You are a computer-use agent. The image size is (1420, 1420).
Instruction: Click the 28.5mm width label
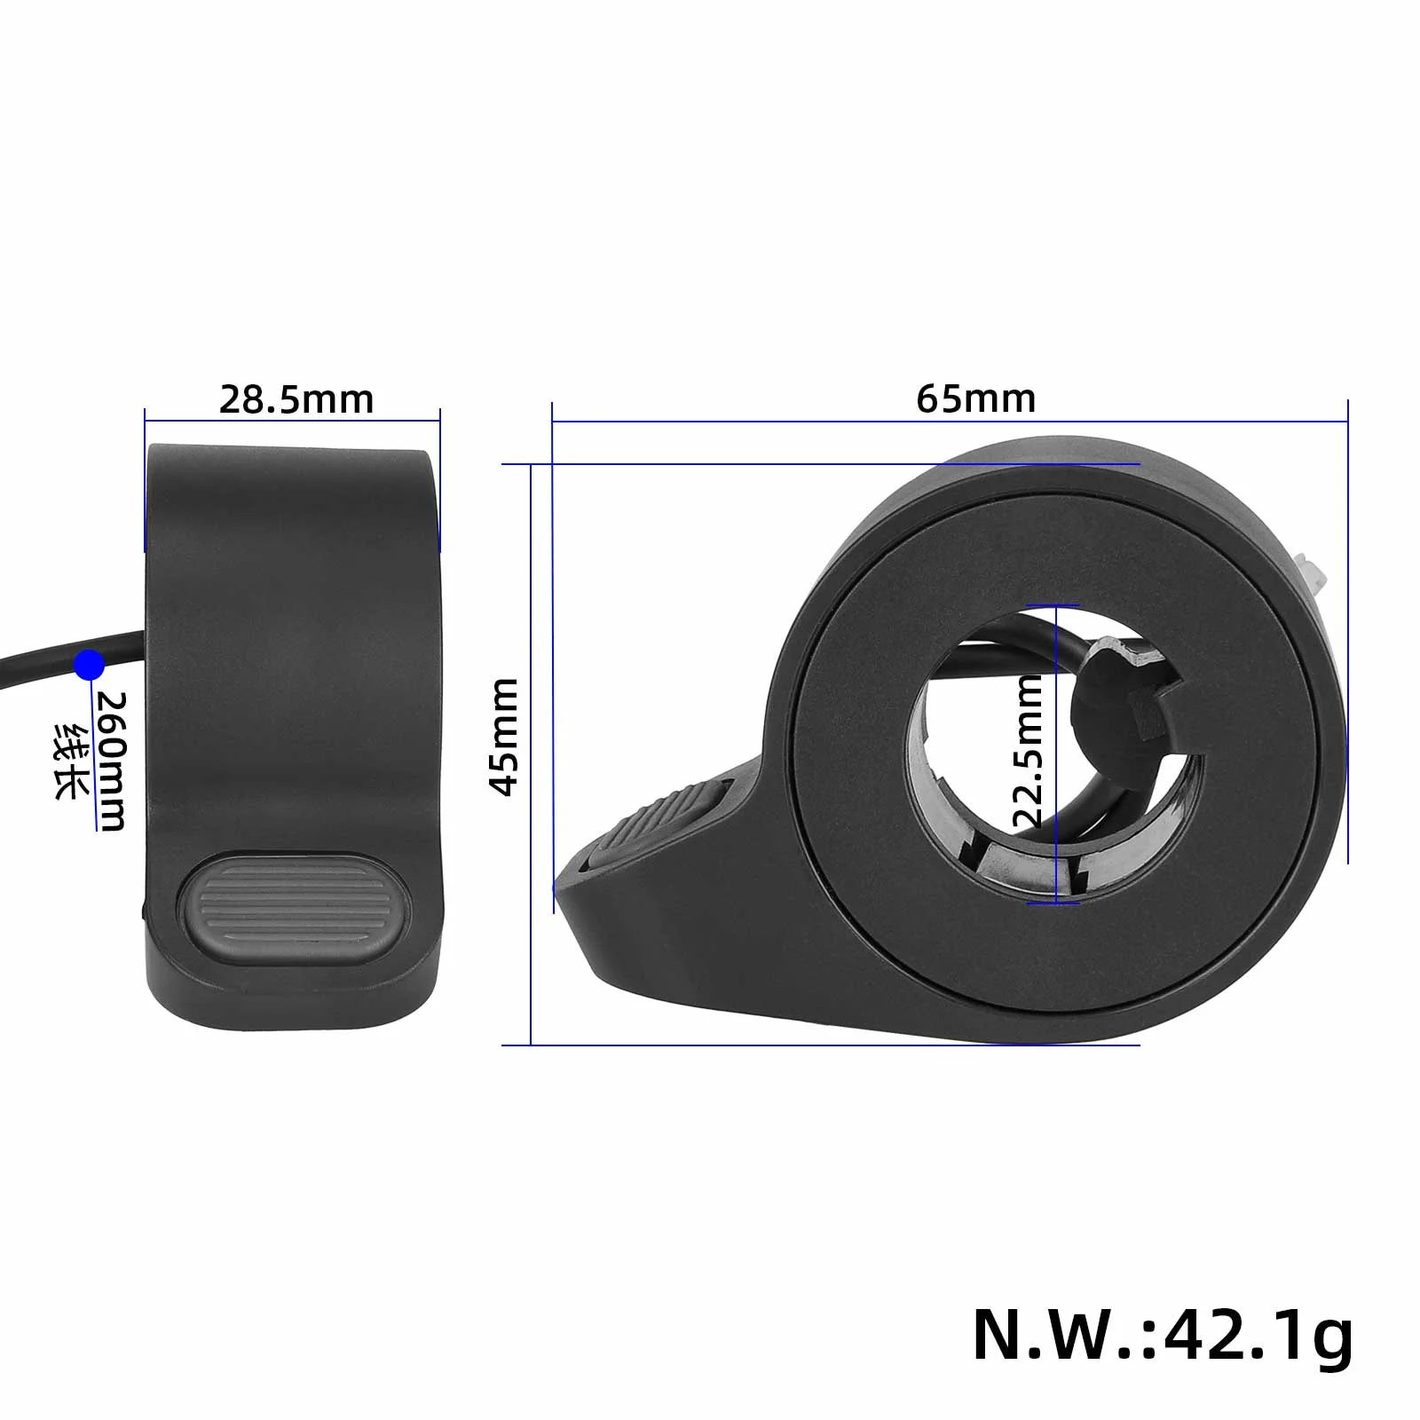pyautogui.click(x=296, y=399)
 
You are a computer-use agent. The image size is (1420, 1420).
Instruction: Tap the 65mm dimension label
pyautogui.click(x=975, y=398)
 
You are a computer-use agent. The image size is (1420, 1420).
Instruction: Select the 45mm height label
pyautogui.click(x=505, y=737)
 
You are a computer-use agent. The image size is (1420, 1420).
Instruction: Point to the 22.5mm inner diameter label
pyautogui.click(x=1029, y=751)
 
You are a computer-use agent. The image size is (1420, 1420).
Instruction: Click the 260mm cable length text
pyautogui.click(x=113, y=761)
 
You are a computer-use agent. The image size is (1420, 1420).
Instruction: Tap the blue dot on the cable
pyautogui.click(x=89, y=665)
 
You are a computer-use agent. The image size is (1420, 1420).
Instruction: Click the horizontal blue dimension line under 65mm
pyautogui.click(x=950, y=422)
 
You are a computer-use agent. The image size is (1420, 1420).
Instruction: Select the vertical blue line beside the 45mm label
pyautogui.click(x=531, y=754)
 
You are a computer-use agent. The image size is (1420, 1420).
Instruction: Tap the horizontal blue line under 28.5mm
pyautogui.click(x=293, y=422)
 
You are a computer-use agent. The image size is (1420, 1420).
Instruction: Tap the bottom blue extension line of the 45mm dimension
pyautogui.click(x=821, y=1045)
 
